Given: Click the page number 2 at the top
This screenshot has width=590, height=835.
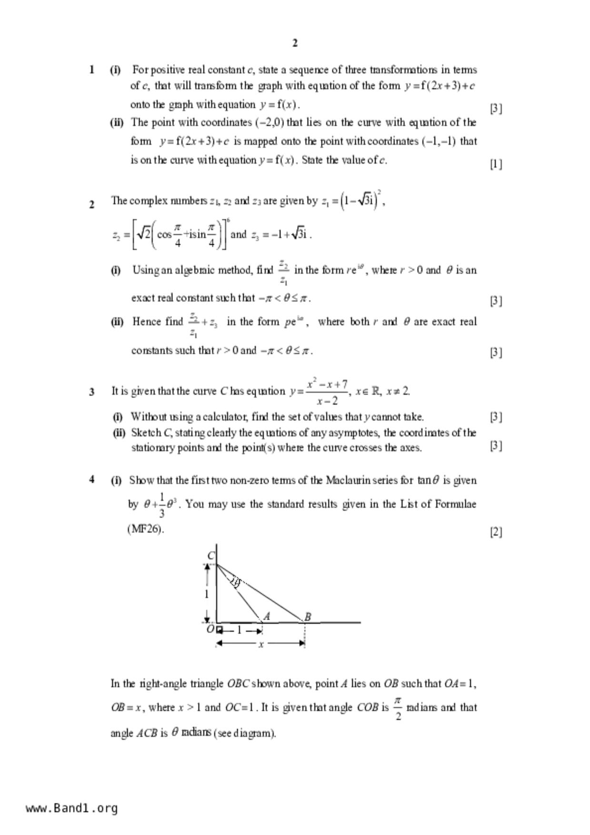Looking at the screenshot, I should click(x=295, y=43).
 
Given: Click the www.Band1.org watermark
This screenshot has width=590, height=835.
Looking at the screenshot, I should click(x=71, y=808).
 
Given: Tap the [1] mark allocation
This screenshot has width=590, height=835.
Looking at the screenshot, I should click(x=496, y=164).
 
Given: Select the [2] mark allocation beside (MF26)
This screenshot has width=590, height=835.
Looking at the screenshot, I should click(x=496, y=532).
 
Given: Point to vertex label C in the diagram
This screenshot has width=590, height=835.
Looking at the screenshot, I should click(x=211, y=556).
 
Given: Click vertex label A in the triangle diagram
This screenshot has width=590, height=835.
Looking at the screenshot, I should click(x=267, y=616).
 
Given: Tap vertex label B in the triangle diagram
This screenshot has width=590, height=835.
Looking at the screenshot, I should click(x=308, y=617).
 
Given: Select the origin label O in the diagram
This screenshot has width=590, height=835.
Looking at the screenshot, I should click(x=210, y=629).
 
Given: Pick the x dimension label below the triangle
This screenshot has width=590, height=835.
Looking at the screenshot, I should click(x=260, y=645).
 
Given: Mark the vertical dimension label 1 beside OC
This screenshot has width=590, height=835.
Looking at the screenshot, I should click(x=207, y=594).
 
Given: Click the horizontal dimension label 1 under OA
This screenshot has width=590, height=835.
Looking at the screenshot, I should click(x=239, y=630).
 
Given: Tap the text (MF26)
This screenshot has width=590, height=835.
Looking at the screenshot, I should click(x=145, y=529).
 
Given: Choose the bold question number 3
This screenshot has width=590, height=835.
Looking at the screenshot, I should click(x=91, y=392).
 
